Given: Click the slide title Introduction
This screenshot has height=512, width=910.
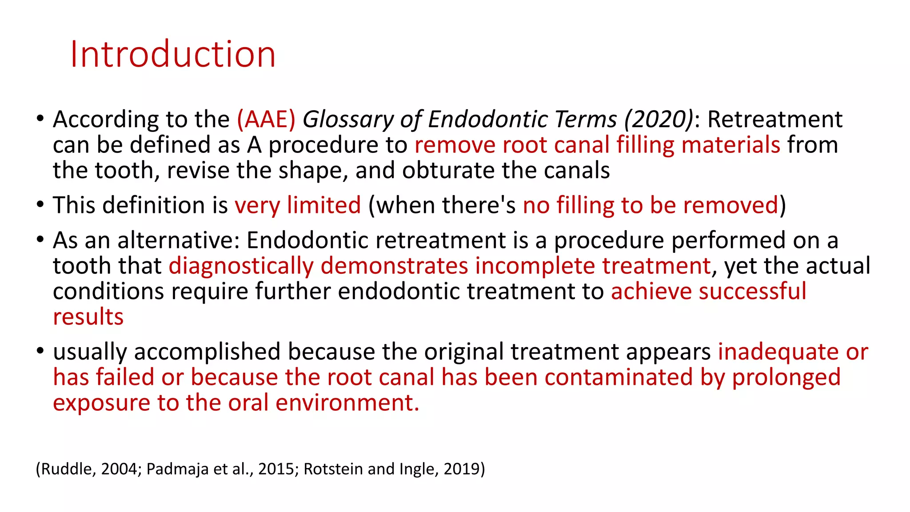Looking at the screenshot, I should (173, 54).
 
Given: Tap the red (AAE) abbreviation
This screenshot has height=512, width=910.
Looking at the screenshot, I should (266, 119).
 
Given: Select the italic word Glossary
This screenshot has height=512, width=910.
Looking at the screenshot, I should (348, 120).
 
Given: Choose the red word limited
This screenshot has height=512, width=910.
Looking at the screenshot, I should (323, 205).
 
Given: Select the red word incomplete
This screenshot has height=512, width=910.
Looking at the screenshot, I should (535, 266).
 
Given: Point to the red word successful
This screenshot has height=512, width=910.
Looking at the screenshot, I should (753, 292).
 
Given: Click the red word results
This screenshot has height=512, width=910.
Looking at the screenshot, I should (88, 317).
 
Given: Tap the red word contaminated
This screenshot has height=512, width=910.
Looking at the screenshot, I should (619, 377).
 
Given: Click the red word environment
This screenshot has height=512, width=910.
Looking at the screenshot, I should (347, 403).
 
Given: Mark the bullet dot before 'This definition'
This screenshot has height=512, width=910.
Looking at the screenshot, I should (40, 205).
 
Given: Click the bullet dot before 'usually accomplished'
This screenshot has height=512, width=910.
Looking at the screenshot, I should (40, 351).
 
